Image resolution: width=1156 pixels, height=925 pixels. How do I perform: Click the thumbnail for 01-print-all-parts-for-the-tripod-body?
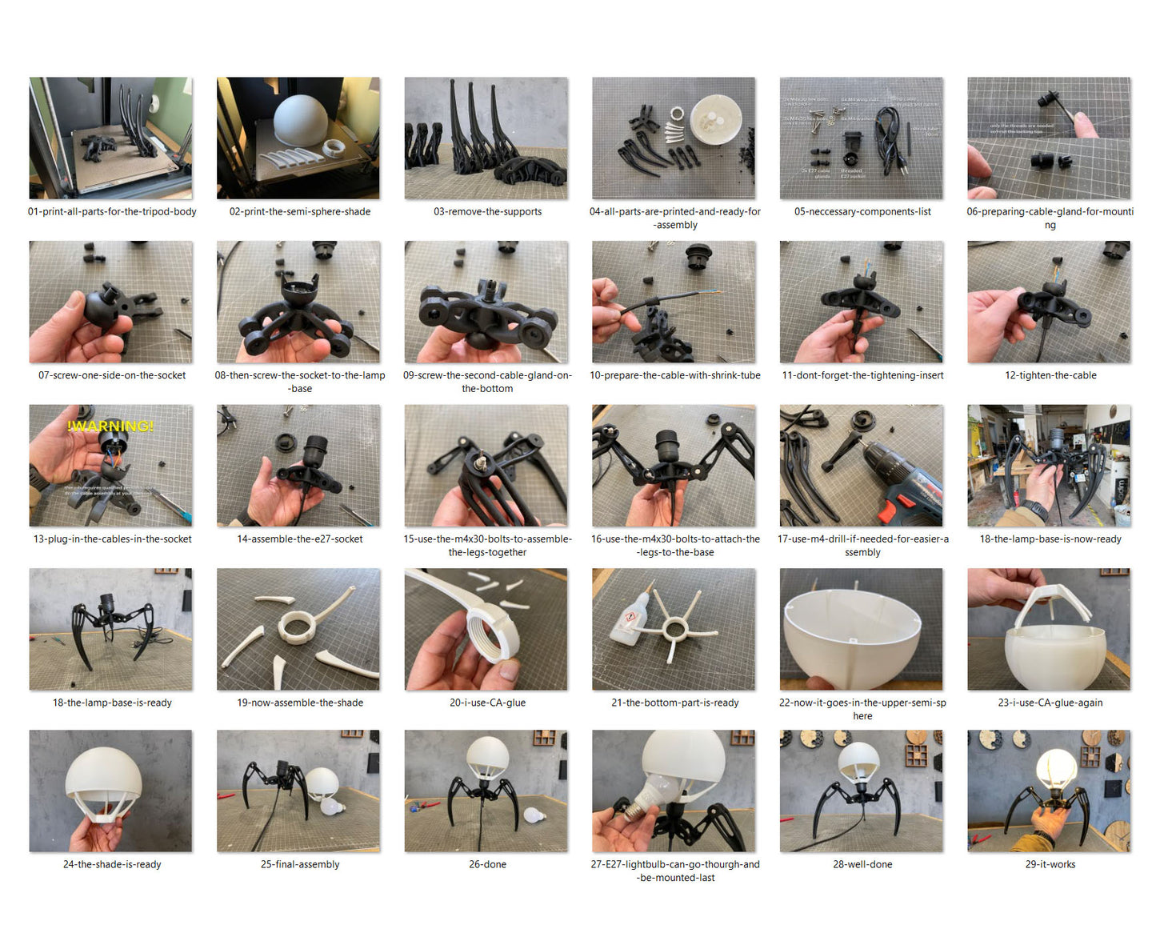[x=110, y=138]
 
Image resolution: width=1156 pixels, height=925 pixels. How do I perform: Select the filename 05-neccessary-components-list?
[x=862, y=212]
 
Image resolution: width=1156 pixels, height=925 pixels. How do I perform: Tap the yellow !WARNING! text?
[x=110, y=426]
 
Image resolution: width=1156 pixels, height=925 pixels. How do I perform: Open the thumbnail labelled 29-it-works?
[x=1049, y=791]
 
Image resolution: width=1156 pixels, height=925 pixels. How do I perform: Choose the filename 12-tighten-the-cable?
[x=1050, y=375]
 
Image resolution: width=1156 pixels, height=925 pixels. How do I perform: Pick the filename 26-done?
[x=487, y=864]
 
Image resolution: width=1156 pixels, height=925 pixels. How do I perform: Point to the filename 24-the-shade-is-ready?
[x=112, y=864]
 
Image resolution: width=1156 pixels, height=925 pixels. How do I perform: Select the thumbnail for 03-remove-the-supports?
[x=486, y=138]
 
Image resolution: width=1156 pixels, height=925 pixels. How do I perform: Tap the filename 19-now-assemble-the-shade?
[x=300, y=703]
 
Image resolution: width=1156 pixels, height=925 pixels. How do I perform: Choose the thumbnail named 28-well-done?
[x=862, y=791]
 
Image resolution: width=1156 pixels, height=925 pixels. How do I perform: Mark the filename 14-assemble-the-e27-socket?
[x=300, y=539]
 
